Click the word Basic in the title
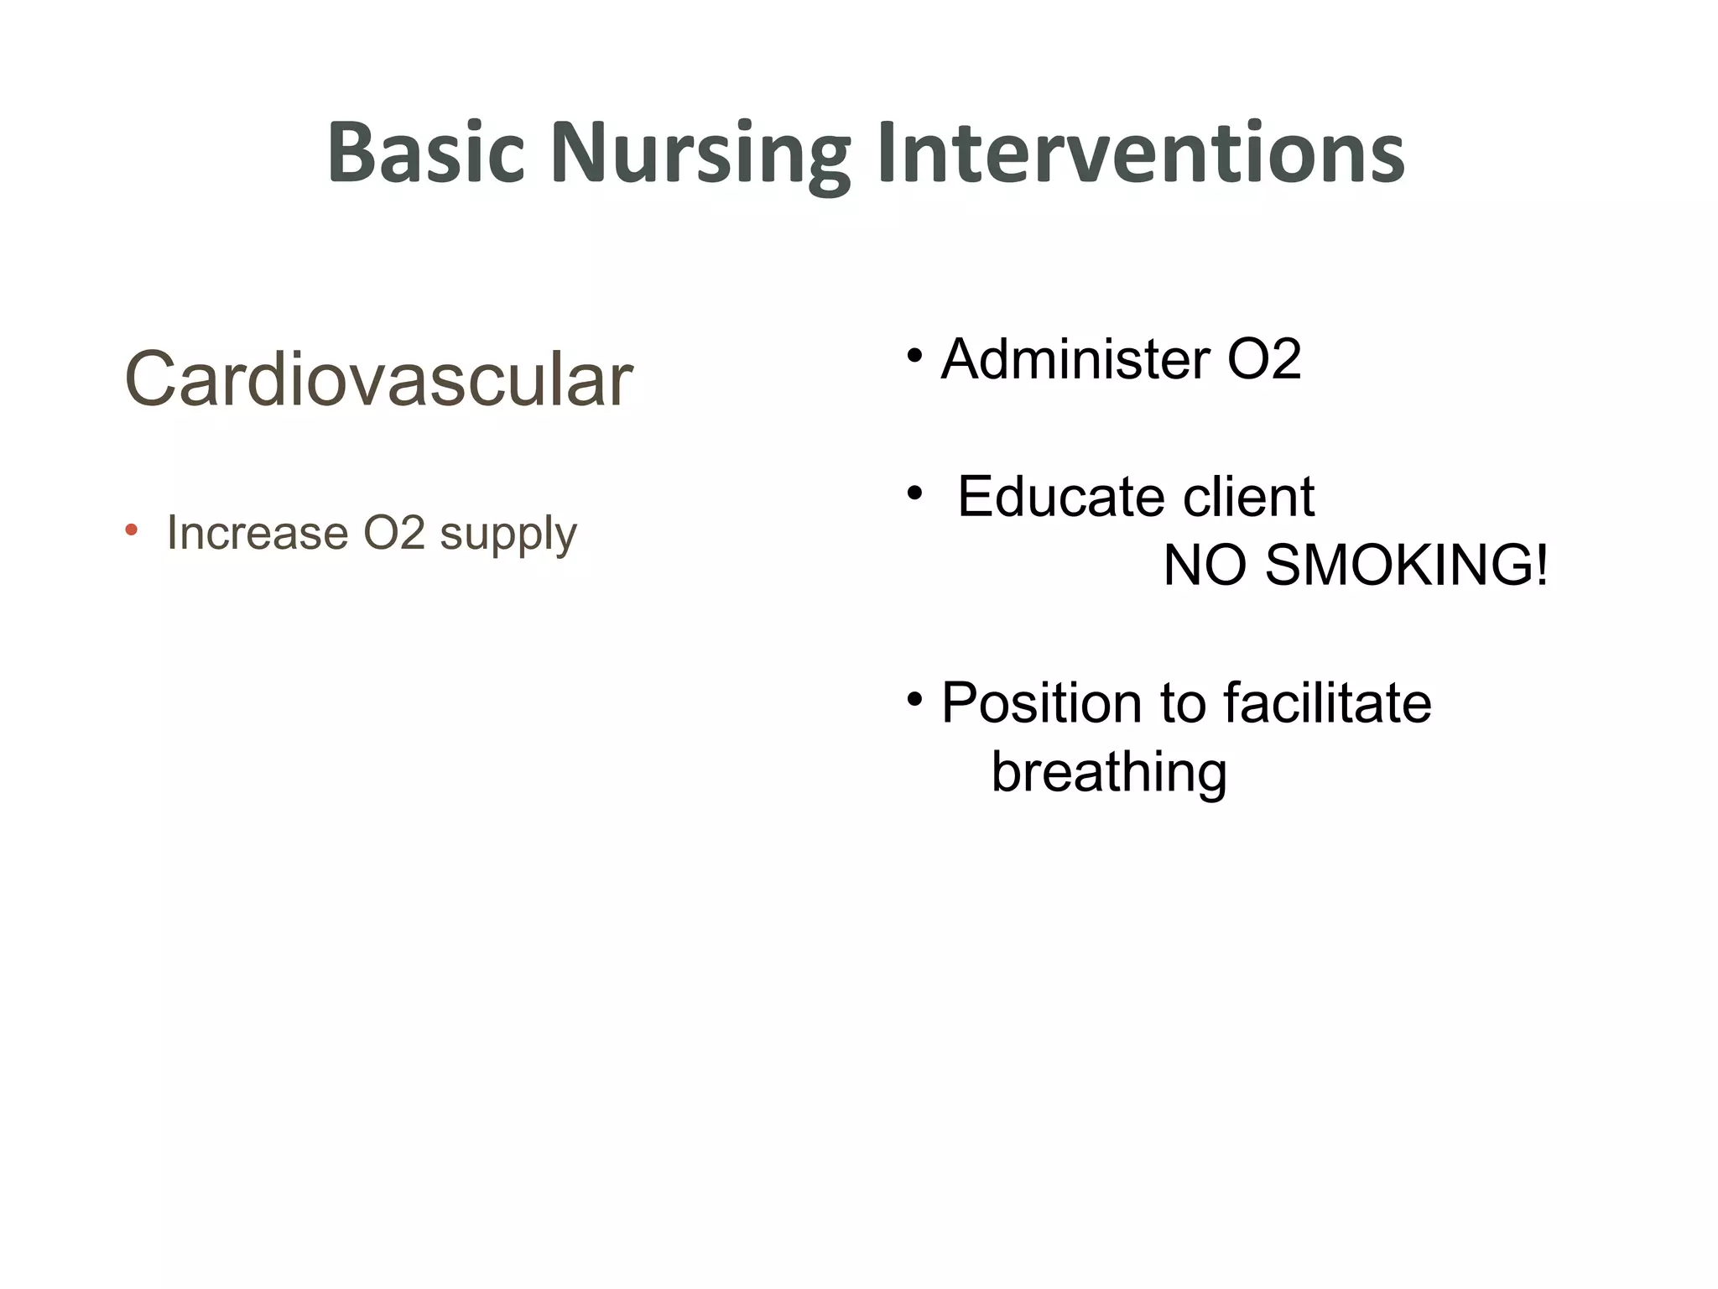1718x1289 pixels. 425,153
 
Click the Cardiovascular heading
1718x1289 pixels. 378,379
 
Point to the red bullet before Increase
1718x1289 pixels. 131,530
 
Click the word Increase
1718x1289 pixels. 258,533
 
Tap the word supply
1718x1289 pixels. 508,535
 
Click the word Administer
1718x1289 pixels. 1075,359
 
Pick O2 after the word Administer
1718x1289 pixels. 1263,359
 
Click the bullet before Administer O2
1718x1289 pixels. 914,355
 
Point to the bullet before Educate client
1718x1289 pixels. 914,493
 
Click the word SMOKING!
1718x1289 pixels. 1406,566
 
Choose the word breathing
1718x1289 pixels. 1109,772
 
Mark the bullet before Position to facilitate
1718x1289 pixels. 914,698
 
